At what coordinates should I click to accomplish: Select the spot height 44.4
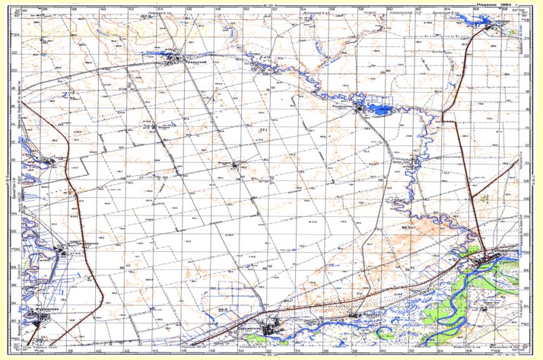point(223,311)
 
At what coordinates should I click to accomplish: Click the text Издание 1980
point(491,5)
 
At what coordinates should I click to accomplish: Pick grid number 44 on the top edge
point(160,11)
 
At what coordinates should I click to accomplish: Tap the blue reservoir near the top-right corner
point(487,23)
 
